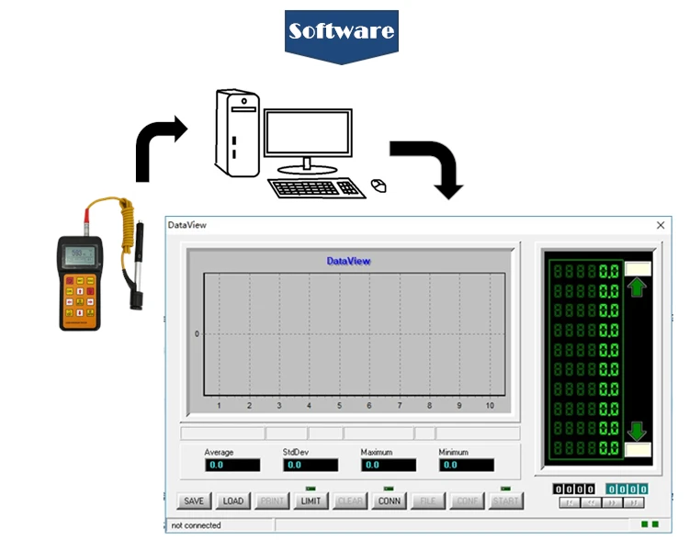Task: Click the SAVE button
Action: (x=194, y=500)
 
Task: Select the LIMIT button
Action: (x=311, y=500)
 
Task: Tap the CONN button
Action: (x=390, y=500)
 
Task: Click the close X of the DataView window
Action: (x=660, y=225)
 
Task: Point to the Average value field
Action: (x=233, y=466)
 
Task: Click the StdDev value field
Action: (x=311, y=466)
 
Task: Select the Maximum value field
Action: (x=389, y=466)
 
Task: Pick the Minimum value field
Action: (x=467, y=466)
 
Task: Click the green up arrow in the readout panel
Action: (x=637, y=287)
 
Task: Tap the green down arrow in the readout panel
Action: (x=637, y=431)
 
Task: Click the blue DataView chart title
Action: (x=349, y=261)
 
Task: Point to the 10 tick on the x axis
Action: (x=490, y=405)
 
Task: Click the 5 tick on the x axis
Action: (x=339, y=405)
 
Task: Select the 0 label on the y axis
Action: (x=197, y=333)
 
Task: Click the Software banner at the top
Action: (x=342, y=31)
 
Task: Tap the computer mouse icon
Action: (x=378, y=186)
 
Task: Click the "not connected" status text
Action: (x=197, y=525)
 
